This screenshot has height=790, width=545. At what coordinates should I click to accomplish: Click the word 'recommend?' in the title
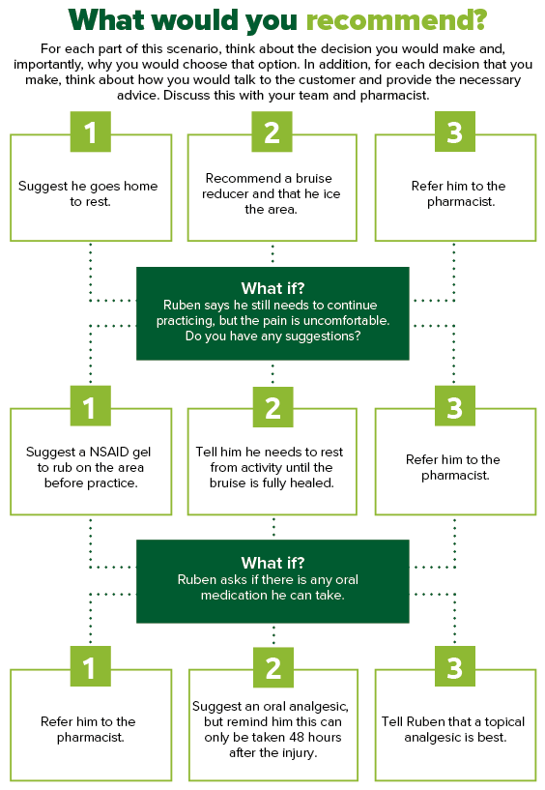tap(396, 20)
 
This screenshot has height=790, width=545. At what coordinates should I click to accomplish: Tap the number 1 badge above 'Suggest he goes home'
tap(91, 132)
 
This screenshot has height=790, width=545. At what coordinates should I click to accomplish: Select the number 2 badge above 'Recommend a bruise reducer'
tap(272, 132)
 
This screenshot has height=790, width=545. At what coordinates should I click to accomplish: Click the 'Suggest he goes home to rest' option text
tap(88, 194)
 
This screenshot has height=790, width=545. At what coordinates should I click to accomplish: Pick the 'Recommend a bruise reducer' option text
tap(272, 194)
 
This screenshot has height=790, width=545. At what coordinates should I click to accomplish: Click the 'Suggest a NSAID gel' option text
tap(89, 468)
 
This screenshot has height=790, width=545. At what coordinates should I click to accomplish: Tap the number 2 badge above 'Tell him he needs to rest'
tap(272, 407)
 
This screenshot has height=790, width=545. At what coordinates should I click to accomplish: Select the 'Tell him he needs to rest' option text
tap(271, 468)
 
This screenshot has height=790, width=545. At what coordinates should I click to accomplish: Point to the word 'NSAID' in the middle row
tap(110, 452)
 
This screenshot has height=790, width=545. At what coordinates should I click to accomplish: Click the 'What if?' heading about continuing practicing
tap(273, 288)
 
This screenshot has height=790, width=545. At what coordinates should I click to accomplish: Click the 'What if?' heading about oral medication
tap(273, 562)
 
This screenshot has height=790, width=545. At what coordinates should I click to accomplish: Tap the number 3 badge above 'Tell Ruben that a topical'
tap(455, 666)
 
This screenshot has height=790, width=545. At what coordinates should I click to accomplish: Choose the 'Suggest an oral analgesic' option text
tap(272, 729)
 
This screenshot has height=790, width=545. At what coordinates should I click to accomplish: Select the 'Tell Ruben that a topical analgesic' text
tap(453, 729)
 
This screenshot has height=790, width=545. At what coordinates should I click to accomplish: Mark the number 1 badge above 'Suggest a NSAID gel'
tap(91, 406)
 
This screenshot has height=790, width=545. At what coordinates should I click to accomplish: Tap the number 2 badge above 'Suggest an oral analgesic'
tap(273, 667)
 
